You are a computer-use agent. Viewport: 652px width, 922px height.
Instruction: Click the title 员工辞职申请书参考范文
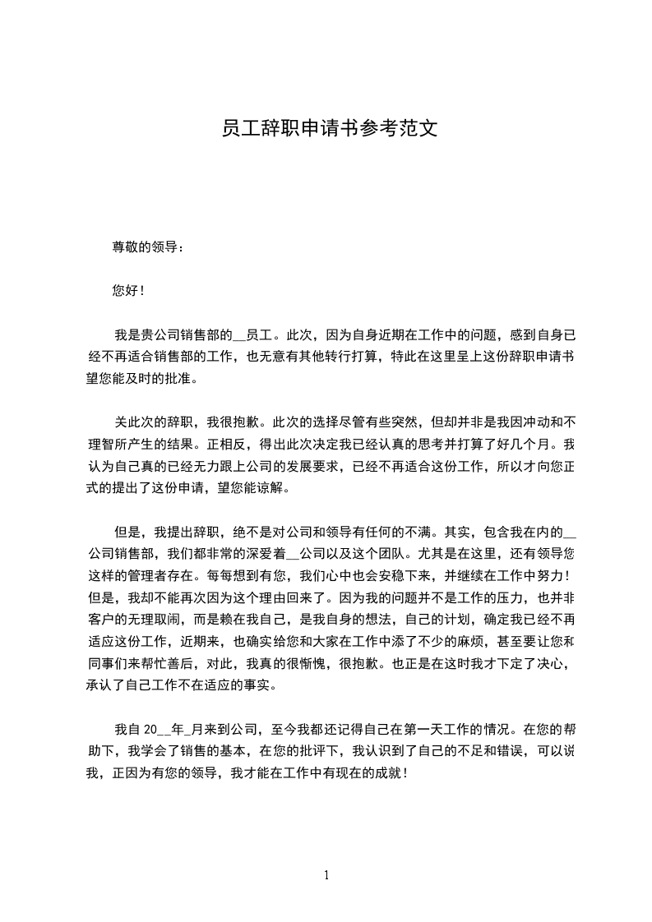pyautogui.click(x=326, y=128)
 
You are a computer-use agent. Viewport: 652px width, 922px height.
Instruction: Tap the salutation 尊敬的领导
pyautogui.click(x=144, y=247)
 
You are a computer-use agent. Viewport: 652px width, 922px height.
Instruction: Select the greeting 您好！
pyautogui.click(x=128, y=291)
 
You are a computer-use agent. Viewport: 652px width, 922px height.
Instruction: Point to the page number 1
pyautogui.click(x=326, y=875)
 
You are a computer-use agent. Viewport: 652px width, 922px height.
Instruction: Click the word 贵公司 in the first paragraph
pyautogui.click(x=159, y=335)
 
